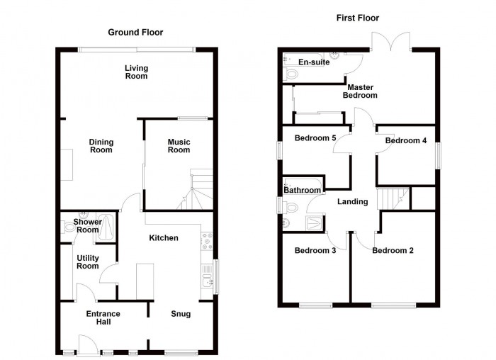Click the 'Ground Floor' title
click(x=135, y=32)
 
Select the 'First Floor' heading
click(x=358, y=18)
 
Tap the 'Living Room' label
click(x=137, y=72)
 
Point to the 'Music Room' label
click(x=179, y=145)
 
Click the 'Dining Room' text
click(x=101, y=145)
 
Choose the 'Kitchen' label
click(x=163, y=238)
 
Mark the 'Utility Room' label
click(x=87, y=262)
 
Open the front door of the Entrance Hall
click(x=88, y=345)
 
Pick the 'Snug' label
click(x=181, y=313)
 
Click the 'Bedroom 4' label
click(x=405, y=140)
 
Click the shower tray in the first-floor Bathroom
click(x=310, y=225)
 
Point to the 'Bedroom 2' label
click(x=393, y=250)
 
